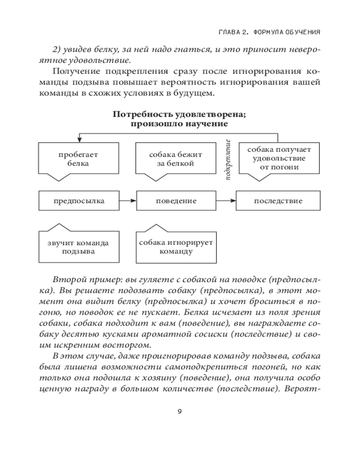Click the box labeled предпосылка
tap(79, 201)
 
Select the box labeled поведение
tap(176, 201)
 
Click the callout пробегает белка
tap(79, 159)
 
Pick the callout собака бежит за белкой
tap(176, 159)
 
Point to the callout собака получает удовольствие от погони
tap(279, 158)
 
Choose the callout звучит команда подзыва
tap(79, 247)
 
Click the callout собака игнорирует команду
tap(176, 247)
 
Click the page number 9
tap(180, 411)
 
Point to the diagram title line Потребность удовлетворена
tap(179, 114)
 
